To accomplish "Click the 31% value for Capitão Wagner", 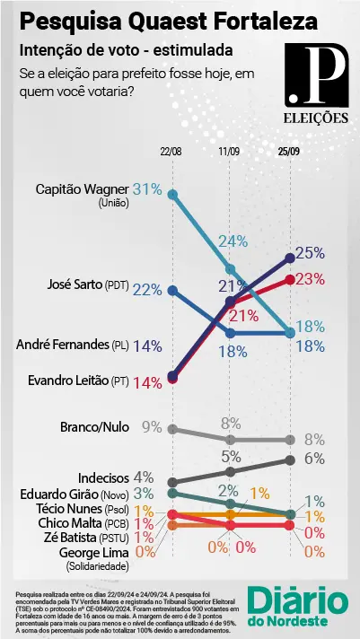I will pos(147,189).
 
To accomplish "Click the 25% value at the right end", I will pos(310,252).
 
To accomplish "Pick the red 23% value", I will pos(310,279).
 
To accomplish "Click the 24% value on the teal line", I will pos(233,241).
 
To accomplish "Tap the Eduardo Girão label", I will pos(74,495).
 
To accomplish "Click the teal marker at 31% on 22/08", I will pos(172,194).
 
